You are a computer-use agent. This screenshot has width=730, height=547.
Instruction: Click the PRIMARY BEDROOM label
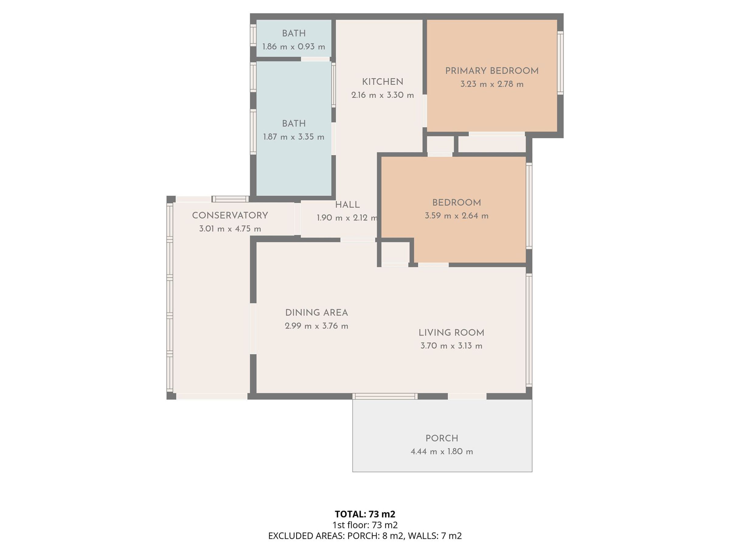[x=492, y=71]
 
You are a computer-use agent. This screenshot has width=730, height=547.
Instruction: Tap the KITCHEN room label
[x=383, y=82]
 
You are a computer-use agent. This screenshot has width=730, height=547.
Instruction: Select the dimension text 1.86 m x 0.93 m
[x=294, y=46]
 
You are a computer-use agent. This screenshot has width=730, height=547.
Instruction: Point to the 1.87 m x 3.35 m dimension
[x=294, y=137]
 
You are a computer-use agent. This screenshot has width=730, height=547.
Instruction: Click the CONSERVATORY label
[x=230, y=215]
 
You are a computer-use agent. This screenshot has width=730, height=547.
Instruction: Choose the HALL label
[x=347, y=205]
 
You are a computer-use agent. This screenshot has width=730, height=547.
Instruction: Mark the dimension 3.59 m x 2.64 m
[x=457, y=216]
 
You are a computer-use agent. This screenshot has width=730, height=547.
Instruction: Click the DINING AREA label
[x=317, y=313]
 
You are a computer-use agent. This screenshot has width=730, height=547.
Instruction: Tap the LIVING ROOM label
[x=451, y=333]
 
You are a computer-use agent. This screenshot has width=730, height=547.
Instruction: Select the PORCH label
[x=442, y=438]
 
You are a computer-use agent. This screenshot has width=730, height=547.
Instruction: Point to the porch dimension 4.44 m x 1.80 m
[x=442, y=451]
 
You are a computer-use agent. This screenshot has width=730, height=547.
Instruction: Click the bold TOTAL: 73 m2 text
[x=365, y=514]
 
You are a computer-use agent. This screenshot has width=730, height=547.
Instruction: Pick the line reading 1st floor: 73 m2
[x=365, y=525]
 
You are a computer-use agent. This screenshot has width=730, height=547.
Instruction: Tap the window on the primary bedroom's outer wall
[x=560, y=63]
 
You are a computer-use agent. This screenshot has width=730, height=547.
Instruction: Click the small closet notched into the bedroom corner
[x=395, y=253]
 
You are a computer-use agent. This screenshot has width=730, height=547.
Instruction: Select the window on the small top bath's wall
[x=253, y=35]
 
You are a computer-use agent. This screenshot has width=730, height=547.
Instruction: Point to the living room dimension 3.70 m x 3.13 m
[x=451, y=346]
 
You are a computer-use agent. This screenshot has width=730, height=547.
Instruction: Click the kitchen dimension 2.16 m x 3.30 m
[x=383, y=95]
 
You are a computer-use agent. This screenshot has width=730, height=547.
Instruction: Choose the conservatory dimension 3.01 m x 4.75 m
[x=230, y=229]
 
